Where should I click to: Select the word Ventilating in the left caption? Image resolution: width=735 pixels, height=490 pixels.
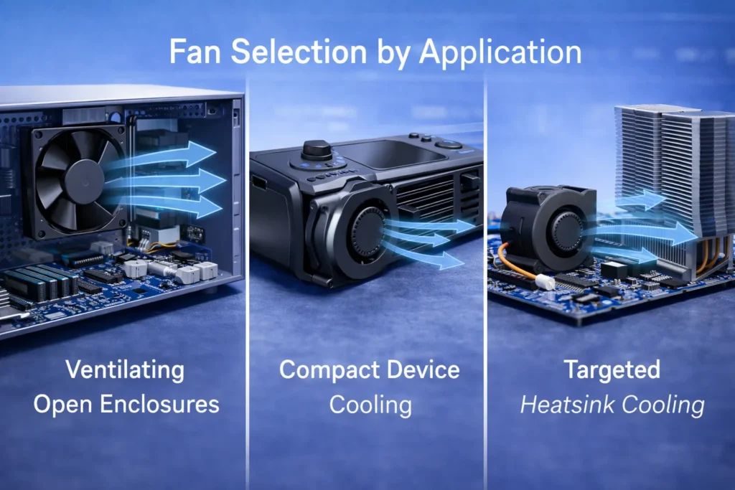coord(125,371)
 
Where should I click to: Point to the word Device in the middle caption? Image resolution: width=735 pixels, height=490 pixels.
coord(422,371)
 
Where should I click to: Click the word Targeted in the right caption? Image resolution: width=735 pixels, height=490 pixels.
coord(612,371)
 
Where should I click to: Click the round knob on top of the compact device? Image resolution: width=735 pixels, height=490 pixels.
coord(317,150)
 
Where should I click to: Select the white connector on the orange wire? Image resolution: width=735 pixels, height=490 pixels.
coord(546,282)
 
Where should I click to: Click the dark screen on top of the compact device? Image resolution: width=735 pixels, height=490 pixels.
coord(391,154)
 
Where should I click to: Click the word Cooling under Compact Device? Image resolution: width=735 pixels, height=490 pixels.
coord(370,405)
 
